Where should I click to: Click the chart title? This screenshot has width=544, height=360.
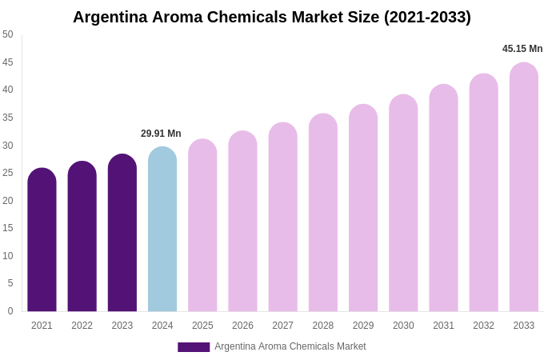pyautogui.click(x=272, y=17)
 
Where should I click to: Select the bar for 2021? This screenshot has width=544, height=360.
pyautogui.click(x=42, y=240)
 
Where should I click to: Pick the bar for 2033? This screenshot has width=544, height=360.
pyautogui.click(x=524, y=187)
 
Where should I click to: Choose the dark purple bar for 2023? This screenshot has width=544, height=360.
pyautogui.click(x=122, y=233)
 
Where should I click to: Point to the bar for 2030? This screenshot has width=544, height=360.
pyautogui.click(x=403, y=203)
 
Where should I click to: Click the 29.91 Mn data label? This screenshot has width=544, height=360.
pyautogui.click(x=161, y=134)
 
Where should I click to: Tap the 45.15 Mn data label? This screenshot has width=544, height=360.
pyautogui.click(x=522, y=49)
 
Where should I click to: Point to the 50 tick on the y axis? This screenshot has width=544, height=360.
pyautogui.click(x=8, y=34)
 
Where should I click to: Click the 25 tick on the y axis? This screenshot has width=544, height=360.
pyautogui.click(x=8, y=173)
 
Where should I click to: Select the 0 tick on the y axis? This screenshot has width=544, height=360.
pyautogui.click(x=10, y=311)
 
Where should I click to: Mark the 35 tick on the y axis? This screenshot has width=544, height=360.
pyautogui.click(x=8, y=118)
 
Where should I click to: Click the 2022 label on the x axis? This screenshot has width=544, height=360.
pyautogui.click(x=82, y=326)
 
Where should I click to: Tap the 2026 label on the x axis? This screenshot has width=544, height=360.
pyautogui.click(x=242, y=326)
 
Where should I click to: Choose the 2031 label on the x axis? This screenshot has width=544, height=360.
pyautogui.click(x=443, y=326)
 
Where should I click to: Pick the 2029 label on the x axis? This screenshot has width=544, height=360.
pyautogui.click(x=363, y=326)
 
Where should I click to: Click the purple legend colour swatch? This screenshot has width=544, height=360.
pyautogui.click(x=194, y=347)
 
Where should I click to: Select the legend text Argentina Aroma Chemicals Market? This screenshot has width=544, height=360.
pyautogui.click(x=290, y=346)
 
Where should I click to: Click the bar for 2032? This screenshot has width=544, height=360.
pyautogui.click(x=483, y=193)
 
